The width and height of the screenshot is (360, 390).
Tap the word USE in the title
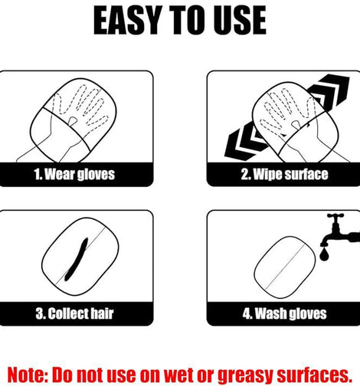(x=240, y=20)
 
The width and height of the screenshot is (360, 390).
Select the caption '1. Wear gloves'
(x=74, y=174)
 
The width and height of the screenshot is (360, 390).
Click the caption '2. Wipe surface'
(x=284, y=174)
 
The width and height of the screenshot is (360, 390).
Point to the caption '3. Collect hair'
(x=74, y=313)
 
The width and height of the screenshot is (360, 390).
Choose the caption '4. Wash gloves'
(x=284, y=313)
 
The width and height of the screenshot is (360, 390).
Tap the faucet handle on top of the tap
(x=335, y=216)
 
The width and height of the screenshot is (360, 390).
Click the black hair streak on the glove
(x=76, y=260)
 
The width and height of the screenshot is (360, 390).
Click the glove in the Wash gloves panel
(x=285, y=267)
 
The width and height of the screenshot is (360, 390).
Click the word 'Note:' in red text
(x=28, y=375)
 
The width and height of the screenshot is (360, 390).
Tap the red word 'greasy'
(x=246, y=375)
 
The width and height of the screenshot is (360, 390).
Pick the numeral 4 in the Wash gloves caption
(x=247, y=313)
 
